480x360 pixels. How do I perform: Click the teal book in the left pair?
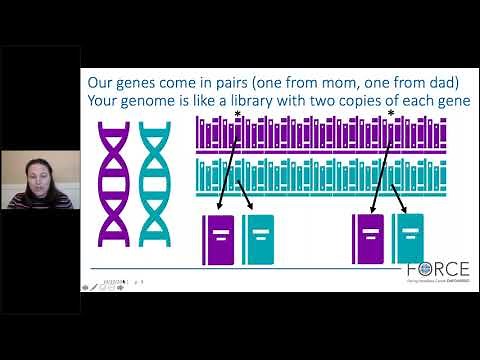(258, 240)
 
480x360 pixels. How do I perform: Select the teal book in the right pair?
(408, 240)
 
